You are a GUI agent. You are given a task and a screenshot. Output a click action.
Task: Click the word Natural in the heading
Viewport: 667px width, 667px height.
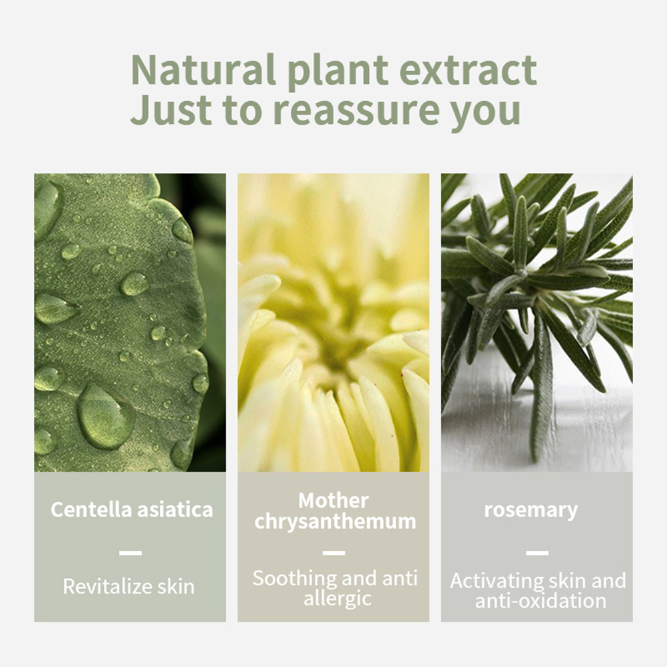pyautogui.click(x=203, y=70)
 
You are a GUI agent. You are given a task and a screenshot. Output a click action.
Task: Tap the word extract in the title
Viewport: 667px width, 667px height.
pyautogui.click(x=469, y=70)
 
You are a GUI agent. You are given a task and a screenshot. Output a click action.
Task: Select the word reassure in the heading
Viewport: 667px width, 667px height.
pyautogui.click(x=357, y=111)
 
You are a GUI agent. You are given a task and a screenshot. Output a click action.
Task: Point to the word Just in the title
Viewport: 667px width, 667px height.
pyautogui.click(x=171, y=109)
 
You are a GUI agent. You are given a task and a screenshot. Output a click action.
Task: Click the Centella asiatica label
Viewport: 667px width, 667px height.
pyautogui.click(x=131, y=509)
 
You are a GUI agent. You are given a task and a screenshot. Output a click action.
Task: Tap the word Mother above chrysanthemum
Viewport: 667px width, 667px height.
pyautogui.click(x=333, y=501)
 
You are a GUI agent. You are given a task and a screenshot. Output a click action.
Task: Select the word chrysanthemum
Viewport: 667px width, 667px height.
pyautogui.click(x=335, y=522)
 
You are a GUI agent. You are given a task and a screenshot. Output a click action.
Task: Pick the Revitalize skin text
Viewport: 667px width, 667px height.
pyautogui.click(x=128, y=586)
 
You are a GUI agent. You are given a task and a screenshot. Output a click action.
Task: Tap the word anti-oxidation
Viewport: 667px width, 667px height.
pyautogui.click(x=541, y=600)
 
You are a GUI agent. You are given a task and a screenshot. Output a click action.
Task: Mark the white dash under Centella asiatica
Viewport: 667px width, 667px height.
pyautogui.click(x=130, y=553)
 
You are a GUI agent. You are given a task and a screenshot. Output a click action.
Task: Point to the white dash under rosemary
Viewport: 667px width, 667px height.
pyautogui.click(x=537, y=553)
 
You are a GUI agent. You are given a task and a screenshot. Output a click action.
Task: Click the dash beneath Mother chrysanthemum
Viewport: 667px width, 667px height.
pyautogui.click(x=334, y=553)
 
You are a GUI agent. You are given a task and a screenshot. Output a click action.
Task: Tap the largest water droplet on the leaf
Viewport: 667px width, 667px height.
pyautogui.click(x=105, y=417)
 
